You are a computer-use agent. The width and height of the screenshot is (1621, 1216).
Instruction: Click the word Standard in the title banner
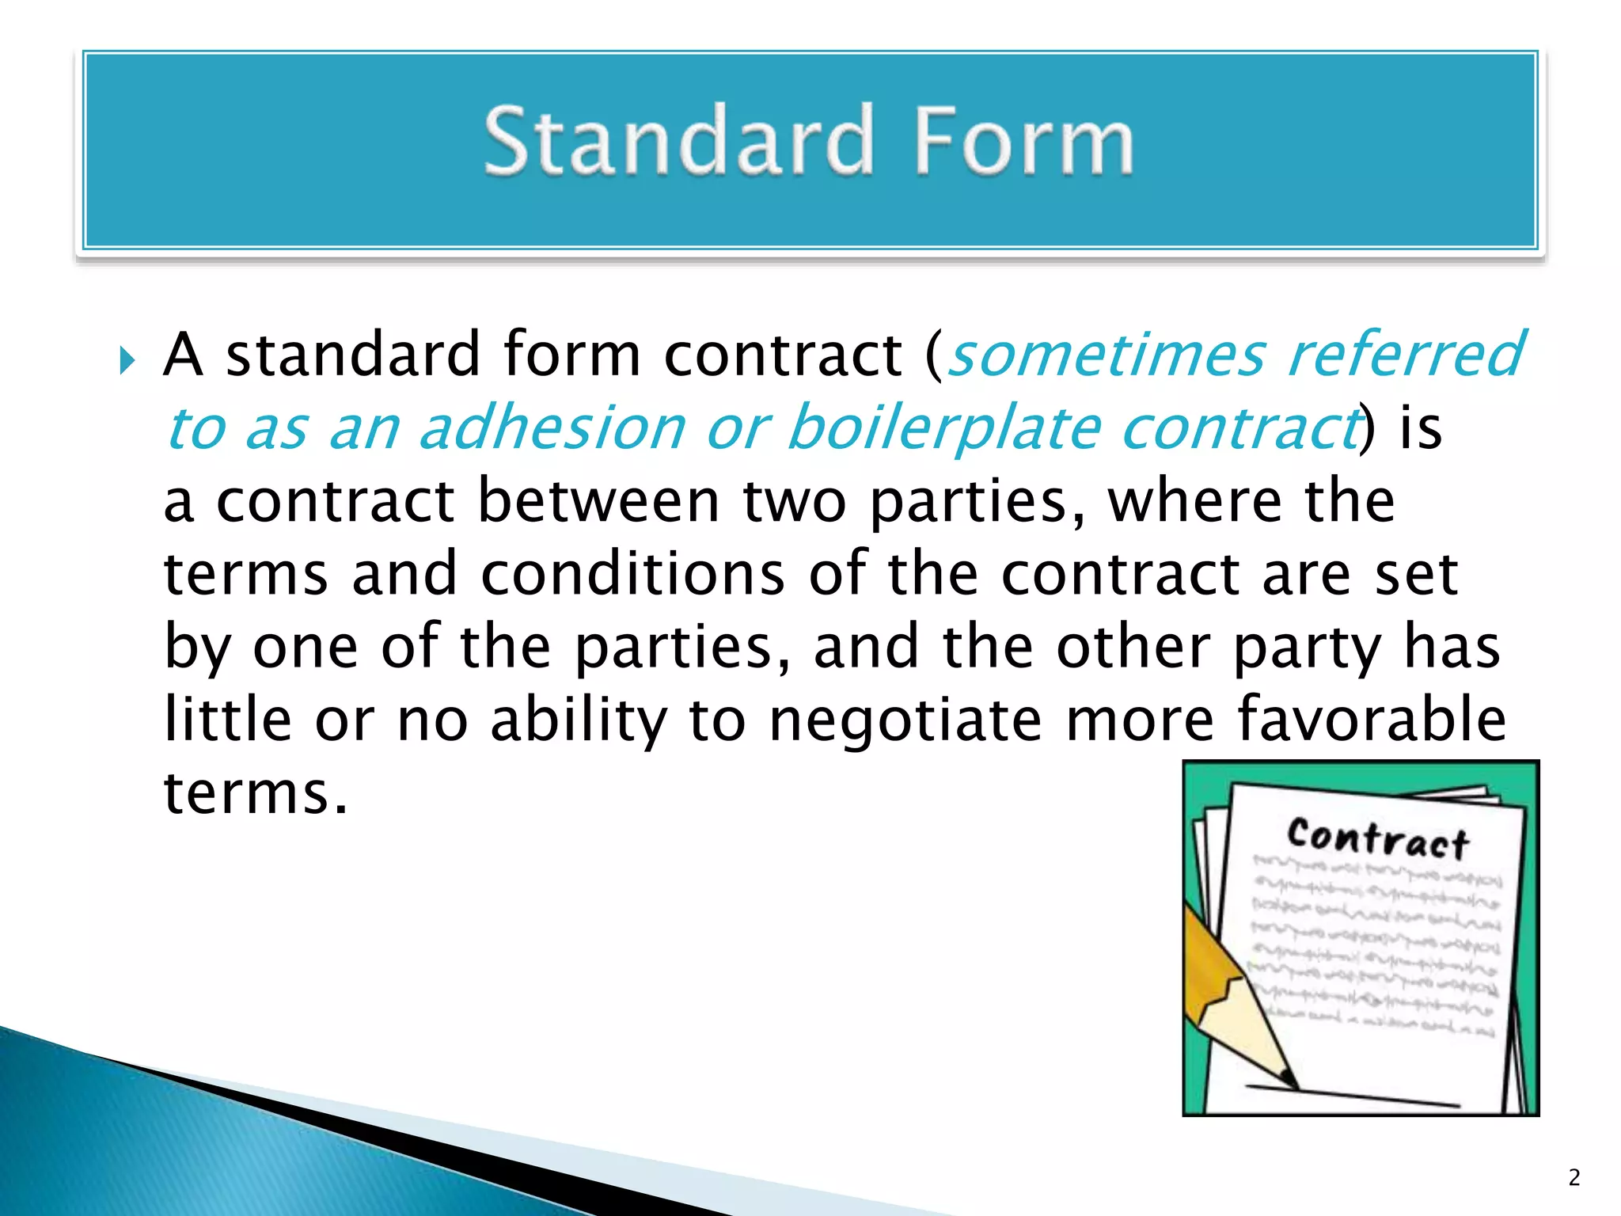coord(679,141)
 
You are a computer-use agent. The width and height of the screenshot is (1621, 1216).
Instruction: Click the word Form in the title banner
coord(1023,141)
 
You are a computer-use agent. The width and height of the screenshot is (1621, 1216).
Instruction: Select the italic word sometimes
coord(1106,355)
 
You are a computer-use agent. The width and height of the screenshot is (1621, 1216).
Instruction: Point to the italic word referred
coord(1405,355)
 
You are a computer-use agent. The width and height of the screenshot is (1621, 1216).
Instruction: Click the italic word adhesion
coord(552,427)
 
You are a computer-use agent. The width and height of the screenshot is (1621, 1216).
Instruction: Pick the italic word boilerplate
coord(944,427)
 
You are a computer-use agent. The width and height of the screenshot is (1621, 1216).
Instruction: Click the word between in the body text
coord(598,500)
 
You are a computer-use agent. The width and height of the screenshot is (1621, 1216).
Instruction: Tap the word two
coord(794,502)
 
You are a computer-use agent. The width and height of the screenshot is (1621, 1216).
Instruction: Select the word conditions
coord(632,573)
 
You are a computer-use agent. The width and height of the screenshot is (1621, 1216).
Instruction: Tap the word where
coord(1195,500)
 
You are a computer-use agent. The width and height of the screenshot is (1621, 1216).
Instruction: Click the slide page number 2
coord(1574,1178)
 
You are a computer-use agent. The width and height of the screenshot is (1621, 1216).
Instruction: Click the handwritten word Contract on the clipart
coord(1378,838)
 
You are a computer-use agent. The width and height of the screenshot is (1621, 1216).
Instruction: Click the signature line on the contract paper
coord(1353,1096)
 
